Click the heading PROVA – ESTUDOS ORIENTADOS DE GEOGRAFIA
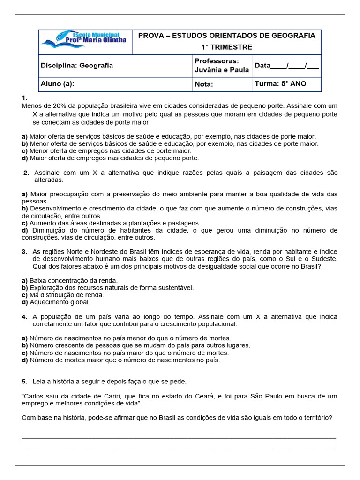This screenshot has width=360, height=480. pyautogui.click(x=226, y=36)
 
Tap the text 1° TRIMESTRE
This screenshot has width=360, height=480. pyautogui.click(x=226, y=47)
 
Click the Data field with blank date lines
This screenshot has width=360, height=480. pyautogui.click(x=286, y=66)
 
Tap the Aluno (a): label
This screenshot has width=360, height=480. pyautogui.click(x=58, y=84)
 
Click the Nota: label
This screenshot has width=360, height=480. pyautogui.click(x=203, y=84)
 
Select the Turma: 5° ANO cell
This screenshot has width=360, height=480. pyautogui.click(x=280, y=84)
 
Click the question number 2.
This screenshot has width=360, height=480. pyautogui.click(x=26, y=172)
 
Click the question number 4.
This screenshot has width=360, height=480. pyautogui.click(x=24, y=317)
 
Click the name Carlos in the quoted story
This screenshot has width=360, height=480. pyautogui.click(x=36, y=396)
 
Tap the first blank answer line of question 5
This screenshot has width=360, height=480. pyautogui.click(x=179, y=438)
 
